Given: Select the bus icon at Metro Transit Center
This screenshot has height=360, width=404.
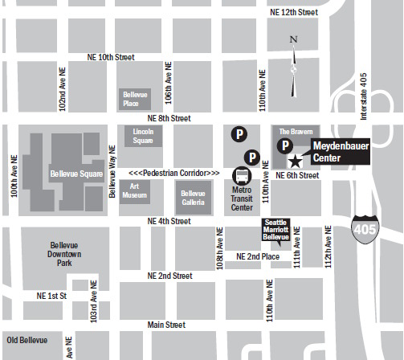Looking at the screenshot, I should [x=241, y=176].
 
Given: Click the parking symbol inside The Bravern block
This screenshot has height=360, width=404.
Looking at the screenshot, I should [x=284, y=145].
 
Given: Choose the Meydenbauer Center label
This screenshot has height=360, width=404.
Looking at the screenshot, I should [x=336, y=153].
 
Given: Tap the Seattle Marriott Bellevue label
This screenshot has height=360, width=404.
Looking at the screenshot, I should [x=276, y=229].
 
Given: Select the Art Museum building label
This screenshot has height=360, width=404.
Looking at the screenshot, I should [x=133, y=191].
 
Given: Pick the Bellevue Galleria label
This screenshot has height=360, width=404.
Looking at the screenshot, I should [x=193, y=198].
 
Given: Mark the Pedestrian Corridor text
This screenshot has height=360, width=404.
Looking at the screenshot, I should [x=173, y=173].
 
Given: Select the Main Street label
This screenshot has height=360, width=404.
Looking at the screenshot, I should [x=165, y=325].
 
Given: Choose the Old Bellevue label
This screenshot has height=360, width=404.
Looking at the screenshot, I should [x=27, y=340].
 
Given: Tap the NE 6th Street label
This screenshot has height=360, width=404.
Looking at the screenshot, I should [x=297, y=175].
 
